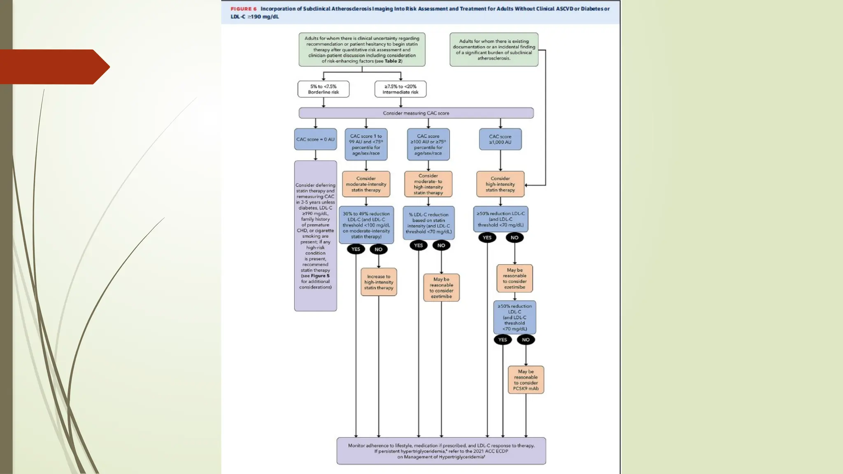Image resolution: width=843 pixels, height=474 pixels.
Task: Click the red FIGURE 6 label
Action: [x=243, y=9]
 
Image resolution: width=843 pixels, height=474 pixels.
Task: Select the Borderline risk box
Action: [x=323, y=89]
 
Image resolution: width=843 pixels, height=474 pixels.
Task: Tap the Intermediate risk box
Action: [x=400, y=89]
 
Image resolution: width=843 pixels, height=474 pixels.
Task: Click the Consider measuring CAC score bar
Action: [x=416, y=113]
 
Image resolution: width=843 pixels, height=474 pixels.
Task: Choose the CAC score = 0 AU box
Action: [x=315, y=139]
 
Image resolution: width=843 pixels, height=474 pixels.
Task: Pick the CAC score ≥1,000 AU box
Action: [x=500, y=139]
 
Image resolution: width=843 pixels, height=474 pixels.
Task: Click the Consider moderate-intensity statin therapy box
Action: [x=366, y=184]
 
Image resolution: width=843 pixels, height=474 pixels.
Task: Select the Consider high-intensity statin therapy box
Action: [x=500, y=184]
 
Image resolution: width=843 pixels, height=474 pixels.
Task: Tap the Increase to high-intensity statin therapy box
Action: [x=379, y=282]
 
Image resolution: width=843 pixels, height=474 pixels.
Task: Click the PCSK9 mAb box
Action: [x=526, y=380]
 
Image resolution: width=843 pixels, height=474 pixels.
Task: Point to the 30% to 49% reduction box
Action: [x=366, y=225]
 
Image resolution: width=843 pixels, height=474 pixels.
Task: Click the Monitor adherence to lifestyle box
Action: [x=441, y=451]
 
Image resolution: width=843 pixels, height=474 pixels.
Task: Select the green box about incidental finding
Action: [x=494, y=49]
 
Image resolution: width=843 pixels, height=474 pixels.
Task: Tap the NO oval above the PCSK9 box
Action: [x=526, y=340]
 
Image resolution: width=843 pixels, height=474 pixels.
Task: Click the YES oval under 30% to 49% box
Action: [x=356, y=249]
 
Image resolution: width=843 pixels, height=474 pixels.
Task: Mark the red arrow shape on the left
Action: [x=54, y=67]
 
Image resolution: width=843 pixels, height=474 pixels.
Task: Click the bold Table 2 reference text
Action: [x=393, y=61]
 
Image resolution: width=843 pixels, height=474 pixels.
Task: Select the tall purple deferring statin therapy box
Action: [x=315, y=236]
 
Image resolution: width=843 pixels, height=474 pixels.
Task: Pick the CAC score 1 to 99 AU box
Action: [x=366, y=144]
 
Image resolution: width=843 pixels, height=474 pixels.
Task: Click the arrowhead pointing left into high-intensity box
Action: [x=526, y=185]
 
